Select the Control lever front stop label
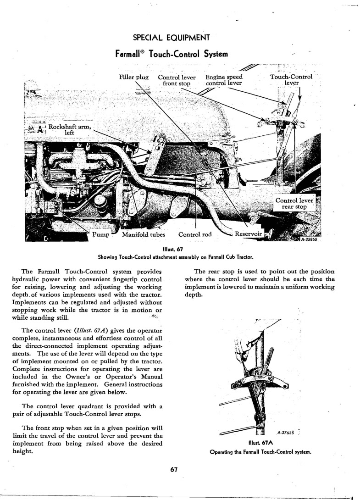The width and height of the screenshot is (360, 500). coord(177,80)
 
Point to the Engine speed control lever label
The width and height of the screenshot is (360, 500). coord(224,80)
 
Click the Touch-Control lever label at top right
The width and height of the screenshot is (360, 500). coord(291,80)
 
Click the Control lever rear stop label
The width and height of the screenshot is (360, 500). coord(294,204)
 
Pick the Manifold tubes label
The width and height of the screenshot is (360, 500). coord(144,235)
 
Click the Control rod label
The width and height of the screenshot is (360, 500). coord(195,235)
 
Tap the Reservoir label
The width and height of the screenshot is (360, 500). coord(248,235)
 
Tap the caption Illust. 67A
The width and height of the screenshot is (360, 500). coord(260,443)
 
